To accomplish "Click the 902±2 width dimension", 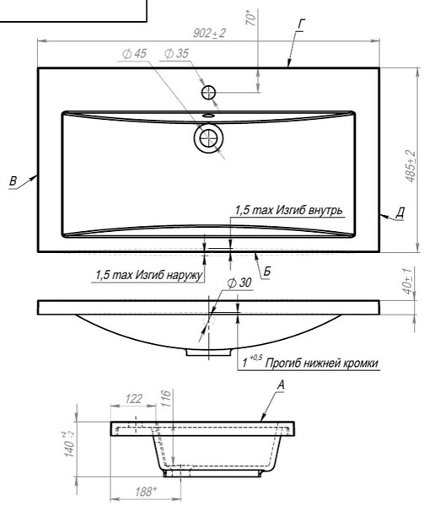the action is pos(209,33).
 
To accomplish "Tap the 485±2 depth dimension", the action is pos(411,166).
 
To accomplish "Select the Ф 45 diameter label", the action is pos(135,54).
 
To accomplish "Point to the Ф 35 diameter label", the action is pos(176,54).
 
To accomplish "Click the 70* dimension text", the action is pos(251,18).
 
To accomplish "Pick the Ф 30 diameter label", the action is pos(239,283).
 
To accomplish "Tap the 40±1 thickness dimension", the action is pos(408,281).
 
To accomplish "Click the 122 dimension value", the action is pos(133,399).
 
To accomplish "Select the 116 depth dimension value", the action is pos(165,399).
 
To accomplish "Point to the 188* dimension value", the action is pos(146,492).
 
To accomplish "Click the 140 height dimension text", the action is pos(70,444).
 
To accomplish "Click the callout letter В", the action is pos(13,180).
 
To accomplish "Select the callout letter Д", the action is pos(400,213).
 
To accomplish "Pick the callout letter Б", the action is pos(267,272).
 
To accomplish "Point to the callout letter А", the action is pos(282,385).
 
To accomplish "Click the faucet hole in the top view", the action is pos(208,93).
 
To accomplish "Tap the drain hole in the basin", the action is pos(208,138).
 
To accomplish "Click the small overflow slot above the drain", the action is pos(208,115).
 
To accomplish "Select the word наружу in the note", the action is pos(185,275).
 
